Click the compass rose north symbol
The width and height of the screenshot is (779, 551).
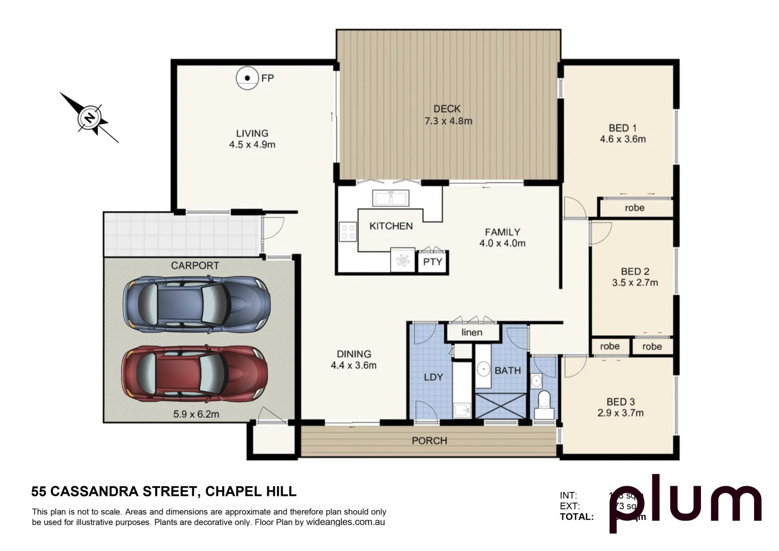pos(90,118)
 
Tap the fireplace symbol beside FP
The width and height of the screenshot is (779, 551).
pos(247,78)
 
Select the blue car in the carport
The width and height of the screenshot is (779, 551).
pos(196,305)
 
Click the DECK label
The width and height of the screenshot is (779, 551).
pos(447,109)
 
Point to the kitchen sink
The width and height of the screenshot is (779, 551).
pos(391,197)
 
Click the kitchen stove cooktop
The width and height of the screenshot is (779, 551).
pos(348,232)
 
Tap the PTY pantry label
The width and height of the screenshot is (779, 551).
pos(433,262)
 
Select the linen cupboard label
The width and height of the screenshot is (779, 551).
pos(472,333)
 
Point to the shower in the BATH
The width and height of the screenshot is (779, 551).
pos(500,406)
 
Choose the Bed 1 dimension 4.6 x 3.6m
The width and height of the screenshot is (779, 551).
pos(622,139)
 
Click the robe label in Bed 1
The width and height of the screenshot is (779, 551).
pos(634,208)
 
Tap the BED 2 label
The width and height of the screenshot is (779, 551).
pos(635,271)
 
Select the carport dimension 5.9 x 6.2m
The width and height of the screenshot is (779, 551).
pos(196,414)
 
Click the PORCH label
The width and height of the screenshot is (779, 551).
pos(429,441)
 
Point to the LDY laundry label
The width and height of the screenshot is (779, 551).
pos(433,377)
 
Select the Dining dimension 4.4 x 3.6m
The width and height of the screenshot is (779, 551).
pos(353,365)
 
